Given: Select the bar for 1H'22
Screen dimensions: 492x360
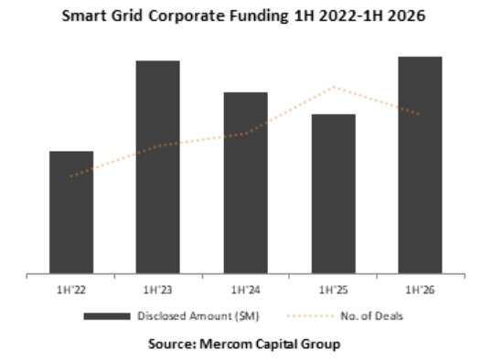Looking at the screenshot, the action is click(x=71, y=212).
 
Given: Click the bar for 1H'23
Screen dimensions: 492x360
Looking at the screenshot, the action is click(x=158, y=167).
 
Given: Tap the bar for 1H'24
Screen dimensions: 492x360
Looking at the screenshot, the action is click(x=246, y=183).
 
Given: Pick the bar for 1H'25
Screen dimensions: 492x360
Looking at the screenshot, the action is click(x=334, y=194).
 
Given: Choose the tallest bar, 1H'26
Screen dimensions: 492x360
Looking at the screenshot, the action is click(x=420, y=165).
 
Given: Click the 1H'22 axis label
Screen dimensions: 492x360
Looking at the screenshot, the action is click(x=71, y=290).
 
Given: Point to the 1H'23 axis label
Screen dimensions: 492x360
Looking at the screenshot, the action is click(x=157, y=290).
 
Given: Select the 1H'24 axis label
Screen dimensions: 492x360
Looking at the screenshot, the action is click(x=245, y=290).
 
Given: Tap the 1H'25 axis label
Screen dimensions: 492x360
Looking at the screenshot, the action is click(x=333, y=290).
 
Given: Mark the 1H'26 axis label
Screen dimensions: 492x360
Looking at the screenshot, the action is click(x=420, y=290).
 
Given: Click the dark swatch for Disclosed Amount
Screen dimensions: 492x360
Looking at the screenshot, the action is click(x=107, y=316).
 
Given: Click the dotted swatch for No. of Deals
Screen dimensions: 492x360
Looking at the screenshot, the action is click(x=310, y=316).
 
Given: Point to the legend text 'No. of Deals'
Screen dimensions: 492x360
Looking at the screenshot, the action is click(x=371, y=316).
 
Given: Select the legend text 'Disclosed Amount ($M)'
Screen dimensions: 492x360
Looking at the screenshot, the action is click(x=198, y=316).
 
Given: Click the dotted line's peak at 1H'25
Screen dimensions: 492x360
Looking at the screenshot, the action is click(x=334, y=87).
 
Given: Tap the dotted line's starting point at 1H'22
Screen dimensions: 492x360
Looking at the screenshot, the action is click(x=71, y=176).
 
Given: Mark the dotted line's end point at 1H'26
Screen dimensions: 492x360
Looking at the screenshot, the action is click(x=419, y=114).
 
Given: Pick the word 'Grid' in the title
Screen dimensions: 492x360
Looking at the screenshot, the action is click(x=127, y=16).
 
